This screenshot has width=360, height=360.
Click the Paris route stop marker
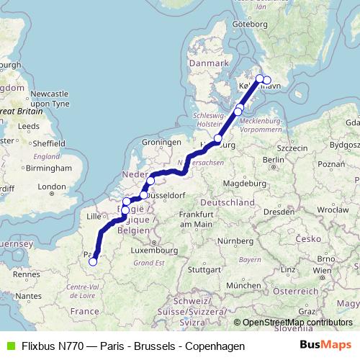tap(93, 262)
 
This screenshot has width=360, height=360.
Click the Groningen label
tap(159, 142)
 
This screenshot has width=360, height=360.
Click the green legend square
tap(9, 346)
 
